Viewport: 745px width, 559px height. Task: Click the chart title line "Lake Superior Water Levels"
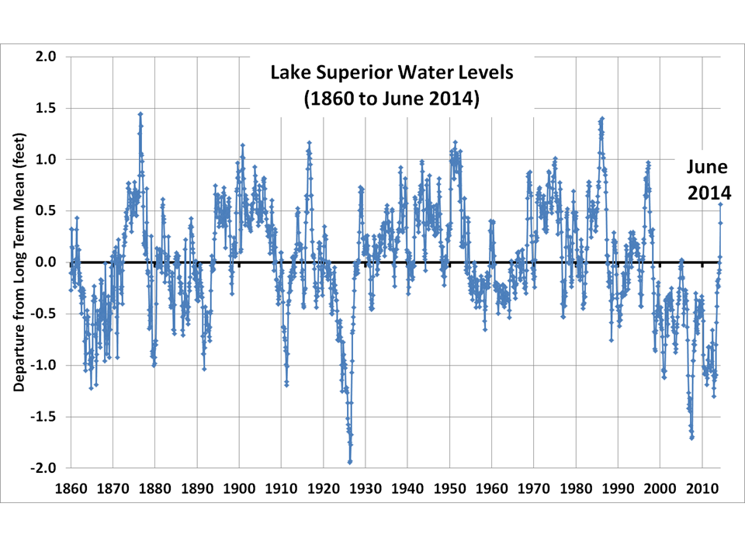click(x=392, y=73)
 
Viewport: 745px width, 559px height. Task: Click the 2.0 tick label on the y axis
click(x=46, y=57)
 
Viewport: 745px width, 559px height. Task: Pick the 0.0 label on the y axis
click(x=46, y=262)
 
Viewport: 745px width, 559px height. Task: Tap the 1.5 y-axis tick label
click(x=46, y=108)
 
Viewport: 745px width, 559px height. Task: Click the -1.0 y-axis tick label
click(x=43, y=366)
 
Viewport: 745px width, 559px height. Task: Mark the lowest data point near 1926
click(x=350, y=462)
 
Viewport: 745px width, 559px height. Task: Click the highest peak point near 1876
click(x=140, y=114)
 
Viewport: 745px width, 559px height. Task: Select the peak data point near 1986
click(x=601, y=119)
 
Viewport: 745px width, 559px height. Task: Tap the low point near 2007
click(x=691, y=438)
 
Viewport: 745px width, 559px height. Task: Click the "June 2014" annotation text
click(x=706, y=179)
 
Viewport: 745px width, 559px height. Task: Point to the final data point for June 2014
click(x=720, y=204)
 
